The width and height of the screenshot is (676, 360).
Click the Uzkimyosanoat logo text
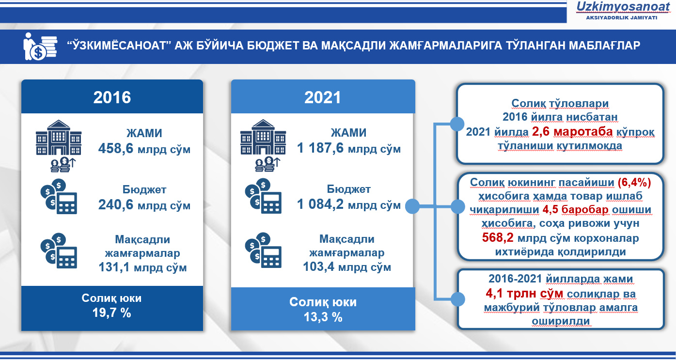[x=623, y=7]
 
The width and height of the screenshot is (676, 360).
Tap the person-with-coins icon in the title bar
[x=40, y=46]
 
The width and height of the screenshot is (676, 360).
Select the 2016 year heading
[x=112, y=97]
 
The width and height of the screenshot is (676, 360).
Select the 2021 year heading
[x=323, y=97]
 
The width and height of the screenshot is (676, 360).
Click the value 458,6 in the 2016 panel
[x=116, y=148]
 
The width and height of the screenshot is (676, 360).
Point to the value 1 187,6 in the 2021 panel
[x=320, y=148]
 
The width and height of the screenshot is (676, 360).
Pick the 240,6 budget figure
[x=116, y=204]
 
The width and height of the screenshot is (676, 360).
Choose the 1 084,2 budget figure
[x=320, y=204]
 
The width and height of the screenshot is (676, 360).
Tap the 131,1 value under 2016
[x=114, y=267]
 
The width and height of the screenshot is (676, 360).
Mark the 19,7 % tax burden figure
[x=111, y=313]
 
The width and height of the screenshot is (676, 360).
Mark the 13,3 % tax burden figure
[x=323, y=317]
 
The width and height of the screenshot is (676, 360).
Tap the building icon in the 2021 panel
[x=263, y=137]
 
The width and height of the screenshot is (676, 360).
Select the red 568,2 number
[x=498, y=238]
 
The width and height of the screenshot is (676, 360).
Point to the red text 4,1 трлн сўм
[x=524, y=293]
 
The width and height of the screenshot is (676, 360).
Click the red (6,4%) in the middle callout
[x=634, y=182]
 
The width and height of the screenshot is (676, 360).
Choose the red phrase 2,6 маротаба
[x=572, y=132]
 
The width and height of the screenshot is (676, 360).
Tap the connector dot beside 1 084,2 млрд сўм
[x=412, y=206]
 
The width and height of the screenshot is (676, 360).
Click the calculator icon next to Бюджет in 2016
[x=59, y=197]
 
